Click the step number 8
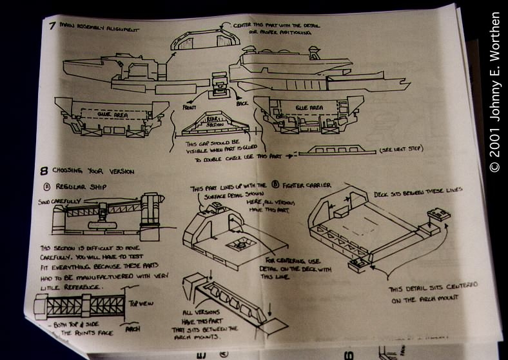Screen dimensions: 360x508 (44, 171)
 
